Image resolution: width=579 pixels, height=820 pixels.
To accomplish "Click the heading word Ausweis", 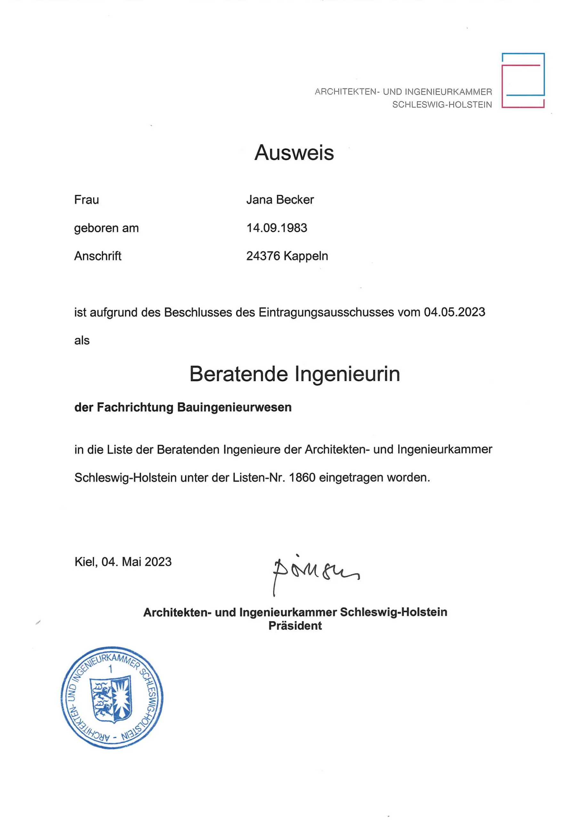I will tap(294, 153).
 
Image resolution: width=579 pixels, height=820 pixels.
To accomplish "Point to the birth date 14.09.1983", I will tap(277, 228).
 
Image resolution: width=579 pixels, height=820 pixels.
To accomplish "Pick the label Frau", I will tap(86, 200).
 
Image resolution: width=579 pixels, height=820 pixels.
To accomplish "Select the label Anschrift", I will tap(98, 256).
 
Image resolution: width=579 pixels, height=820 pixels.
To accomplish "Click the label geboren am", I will tap(106, 228).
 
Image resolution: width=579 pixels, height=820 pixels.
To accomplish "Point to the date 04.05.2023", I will tap(454, 312).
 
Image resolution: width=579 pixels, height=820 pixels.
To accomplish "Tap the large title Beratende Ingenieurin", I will tap(294, 374).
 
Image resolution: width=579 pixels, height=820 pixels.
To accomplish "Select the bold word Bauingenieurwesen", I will tap(234, 407).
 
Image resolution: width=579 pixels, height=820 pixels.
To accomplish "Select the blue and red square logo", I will tap(523, 80).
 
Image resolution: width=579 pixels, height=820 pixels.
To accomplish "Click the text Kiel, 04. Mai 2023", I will tap(123, 562).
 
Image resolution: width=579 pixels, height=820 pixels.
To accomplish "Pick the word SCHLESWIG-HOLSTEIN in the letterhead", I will tap(442, 105).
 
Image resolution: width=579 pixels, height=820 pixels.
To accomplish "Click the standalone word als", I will tap(82, 340).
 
